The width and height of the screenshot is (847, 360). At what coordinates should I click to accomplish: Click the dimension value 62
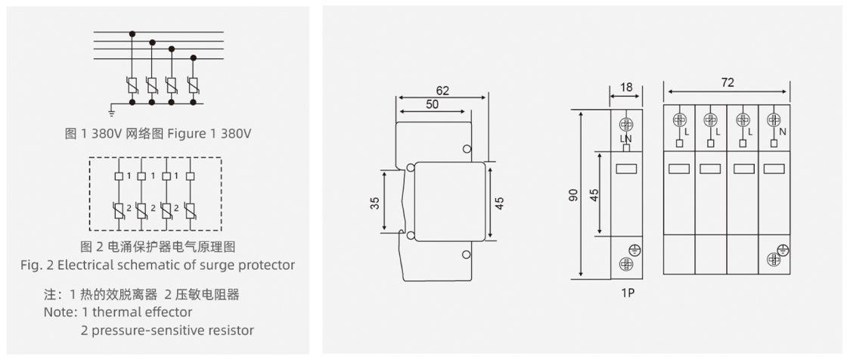pyautogui.click(x=442, y=91)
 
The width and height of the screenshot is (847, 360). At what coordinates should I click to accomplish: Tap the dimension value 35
pyautogui.click(x=376, y=203)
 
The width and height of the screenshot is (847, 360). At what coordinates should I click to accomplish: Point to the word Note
pyautogui.click(x=60, y=312)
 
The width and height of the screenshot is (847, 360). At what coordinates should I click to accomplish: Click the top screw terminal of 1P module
pyautogui.click(x=626, y=124)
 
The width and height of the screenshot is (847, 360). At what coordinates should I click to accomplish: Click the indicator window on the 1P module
pyautogui.click(x=626, y=169)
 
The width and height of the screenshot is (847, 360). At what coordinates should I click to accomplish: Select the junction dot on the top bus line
pyautogui.click(x=133, y=33)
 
